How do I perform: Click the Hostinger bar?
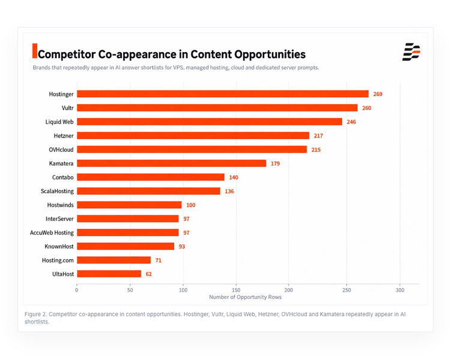[x=223, y=94]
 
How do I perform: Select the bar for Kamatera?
[x=171, y=163]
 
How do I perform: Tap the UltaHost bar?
[x=109, y=274]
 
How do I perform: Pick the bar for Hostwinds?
[x=129, y=205]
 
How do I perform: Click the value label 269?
[x=378, y=94]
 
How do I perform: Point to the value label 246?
[x=351, y=122]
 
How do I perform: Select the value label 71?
[x=158, y=260]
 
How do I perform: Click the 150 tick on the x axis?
[x=236, y=290]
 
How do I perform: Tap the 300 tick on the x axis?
[x=400, y=290]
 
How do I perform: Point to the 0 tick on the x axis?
[x=76, y=290]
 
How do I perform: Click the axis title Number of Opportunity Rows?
[x=245, y=297]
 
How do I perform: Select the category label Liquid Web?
[x=59, y=122]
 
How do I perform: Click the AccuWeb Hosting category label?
[x=52, y=232]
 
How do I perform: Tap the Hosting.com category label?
[x=58, y=260]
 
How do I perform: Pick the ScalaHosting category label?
[x=57, y=191]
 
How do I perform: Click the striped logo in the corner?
[x=411, y=52]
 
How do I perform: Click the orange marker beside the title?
[x=35, y=51]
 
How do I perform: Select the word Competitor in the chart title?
[x=67, y=55]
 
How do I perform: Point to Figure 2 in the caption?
[x=35, y=314]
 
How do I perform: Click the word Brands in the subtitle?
[x=41, y=68]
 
